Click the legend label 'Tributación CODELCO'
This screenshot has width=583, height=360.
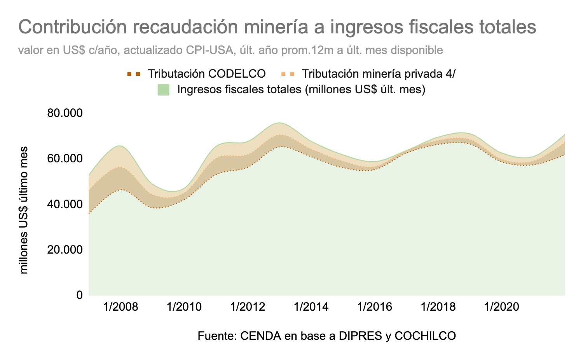[x=207, y=73]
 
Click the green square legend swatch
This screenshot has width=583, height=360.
[x=163, y=90]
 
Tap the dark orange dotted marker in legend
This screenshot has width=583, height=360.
[x=133, y=73]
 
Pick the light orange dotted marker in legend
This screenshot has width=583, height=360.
[x=287, y=73]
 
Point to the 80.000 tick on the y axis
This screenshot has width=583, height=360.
[x=65, y=113]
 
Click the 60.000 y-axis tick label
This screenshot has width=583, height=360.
[x=65, y=159]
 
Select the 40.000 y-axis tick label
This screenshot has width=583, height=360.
[x=65, y=204]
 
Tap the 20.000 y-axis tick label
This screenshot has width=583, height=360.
[x=65, y=250]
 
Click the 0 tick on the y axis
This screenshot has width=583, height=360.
[x=79, y=295]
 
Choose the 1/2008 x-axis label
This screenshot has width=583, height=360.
[x=120, y=307]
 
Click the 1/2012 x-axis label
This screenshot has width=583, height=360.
[x=248, y=307]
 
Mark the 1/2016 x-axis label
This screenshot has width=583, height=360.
[x=375, y=307]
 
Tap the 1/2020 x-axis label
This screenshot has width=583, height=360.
[x=502, y=307]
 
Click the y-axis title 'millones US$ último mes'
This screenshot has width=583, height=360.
[x=24, y=210]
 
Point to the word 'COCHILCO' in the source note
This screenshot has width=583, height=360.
[x=425, y=336]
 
